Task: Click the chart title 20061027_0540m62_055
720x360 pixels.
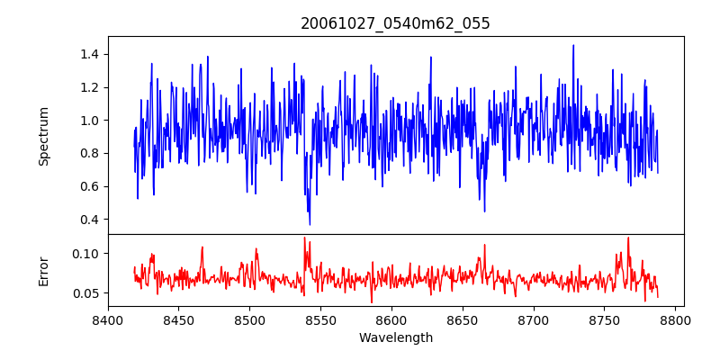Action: [x=395, y=23]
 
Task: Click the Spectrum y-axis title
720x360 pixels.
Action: [x=43, y=136]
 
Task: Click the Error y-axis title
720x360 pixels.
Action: [x=43, y=271]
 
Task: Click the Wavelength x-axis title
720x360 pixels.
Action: [x=395, y=338]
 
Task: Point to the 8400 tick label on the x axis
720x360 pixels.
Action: [x=108, y=319]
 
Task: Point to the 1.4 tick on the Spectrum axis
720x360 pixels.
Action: [x=88, y=55]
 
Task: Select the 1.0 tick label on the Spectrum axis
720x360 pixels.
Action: [x=88, y=121]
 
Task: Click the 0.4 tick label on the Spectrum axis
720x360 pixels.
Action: [x=88, y=220]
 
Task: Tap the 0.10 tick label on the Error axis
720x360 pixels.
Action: [x=85, y=254]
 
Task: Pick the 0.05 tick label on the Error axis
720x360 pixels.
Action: [x=85, y=293]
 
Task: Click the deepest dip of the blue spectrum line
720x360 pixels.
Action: [x=310, y=224]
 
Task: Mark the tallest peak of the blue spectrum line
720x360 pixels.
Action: [x=573, y=46]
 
